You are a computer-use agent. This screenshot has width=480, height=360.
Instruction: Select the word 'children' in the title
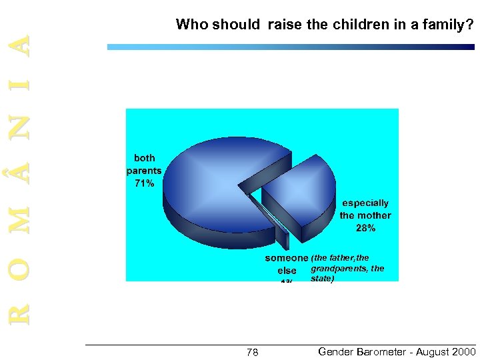[351, 25]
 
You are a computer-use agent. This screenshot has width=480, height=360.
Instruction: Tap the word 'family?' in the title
[449, 25]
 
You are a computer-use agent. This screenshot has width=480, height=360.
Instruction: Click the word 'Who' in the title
[192, 25]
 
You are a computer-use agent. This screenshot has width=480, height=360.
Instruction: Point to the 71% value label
[144, 183]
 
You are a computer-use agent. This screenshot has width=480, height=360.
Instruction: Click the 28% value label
[365, 228]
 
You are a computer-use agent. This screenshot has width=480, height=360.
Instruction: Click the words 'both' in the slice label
[144, 158]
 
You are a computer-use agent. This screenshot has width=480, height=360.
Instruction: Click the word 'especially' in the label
[365, 203]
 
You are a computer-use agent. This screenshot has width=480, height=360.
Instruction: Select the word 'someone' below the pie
[287, 258]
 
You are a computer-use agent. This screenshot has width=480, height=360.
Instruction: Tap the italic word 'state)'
[322, 279]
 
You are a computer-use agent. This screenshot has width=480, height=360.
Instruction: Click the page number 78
[253, 352]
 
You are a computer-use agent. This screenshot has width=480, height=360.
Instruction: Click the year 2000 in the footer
[461, 351]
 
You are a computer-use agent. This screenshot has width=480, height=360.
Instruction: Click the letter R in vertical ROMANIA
[23, 311]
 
